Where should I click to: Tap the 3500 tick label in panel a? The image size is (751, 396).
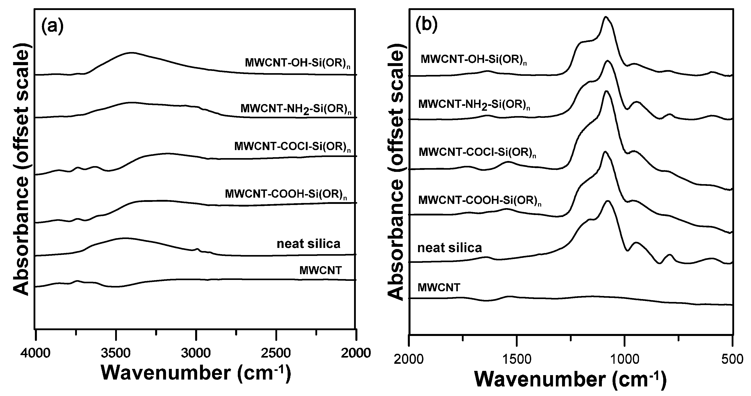pyautogui.click(x=116, y=354)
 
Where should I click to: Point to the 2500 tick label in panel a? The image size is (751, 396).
pyautogui.click(x=276, y=354)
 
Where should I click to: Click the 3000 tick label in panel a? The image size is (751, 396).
pyautogui.click(x=196, y=354)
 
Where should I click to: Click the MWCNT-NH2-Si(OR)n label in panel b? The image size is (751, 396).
pyautogui.click(x=474, y=105)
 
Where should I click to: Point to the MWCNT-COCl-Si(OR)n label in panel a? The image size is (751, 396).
pyautogui.click(x=292, y=147)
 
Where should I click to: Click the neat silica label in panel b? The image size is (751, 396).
pyautogui.click(x=450, y=248)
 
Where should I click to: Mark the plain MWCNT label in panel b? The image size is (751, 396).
pyautogui.click(x=439, y=287)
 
